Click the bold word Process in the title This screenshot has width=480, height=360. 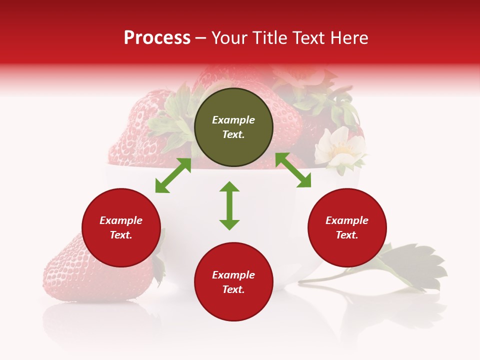(157, 38)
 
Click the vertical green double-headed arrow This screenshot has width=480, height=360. (229, 205)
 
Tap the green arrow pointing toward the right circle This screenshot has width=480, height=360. (293, 170)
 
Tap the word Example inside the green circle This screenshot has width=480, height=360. (233, 120)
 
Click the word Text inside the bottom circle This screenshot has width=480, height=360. (233, 289)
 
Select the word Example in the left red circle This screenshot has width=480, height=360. (121, 220)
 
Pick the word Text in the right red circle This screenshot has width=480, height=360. (347, 235)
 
